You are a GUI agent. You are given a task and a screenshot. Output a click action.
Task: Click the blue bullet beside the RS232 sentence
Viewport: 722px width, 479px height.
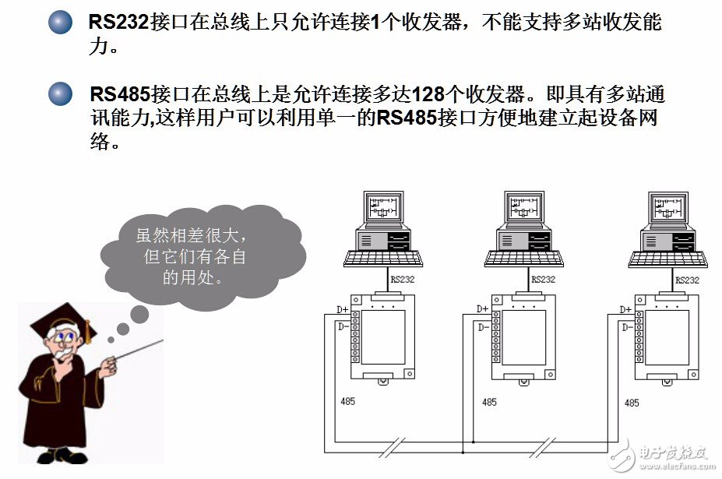coord(60,21)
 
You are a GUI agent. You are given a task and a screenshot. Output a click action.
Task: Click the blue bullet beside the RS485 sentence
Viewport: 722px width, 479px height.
coord(60,94)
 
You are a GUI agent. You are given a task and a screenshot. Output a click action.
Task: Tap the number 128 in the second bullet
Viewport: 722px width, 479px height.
coord(428,95)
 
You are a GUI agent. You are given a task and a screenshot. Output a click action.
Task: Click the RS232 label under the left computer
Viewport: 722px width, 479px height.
coord(403,280)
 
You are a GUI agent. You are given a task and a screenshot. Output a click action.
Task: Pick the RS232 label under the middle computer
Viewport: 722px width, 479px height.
coord(543,280)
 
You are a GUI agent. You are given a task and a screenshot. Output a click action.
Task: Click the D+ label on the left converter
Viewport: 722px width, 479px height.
coord(343,309)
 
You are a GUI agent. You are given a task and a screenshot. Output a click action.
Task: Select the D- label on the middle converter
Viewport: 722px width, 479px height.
coord(483,327)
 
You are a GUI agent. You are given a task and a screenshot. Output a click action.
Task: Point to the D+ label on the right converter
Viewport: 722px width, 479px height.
coord(625,310)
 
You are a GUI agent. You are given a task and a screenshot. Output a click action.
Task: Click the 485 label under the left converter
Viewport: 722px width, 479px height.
coord(348,403)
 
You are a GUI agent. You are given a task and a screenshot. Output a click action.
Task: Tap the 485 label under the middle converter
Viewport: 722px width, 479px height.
coord(489,403)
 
